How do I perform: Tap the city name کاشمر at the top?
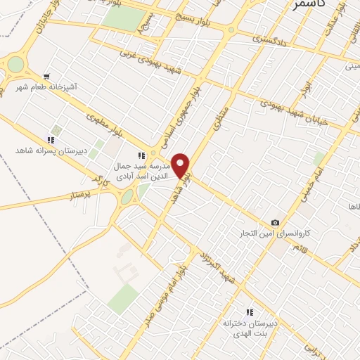coord(307,6)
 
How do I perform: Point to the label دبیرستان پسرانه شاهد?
coord(49,151)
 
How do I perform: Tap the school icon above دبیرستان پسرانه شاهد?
coord(50,139)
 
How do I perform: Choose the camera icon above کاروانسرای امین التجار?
coord(275,221)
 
